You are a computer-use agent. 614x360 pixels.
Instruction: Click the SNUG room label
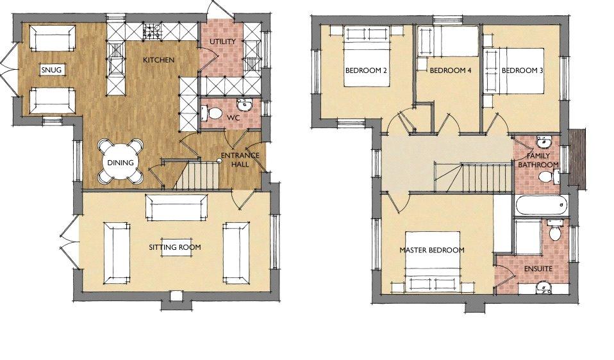51,70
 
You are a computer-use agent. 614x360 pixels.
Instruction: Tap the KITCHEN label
158,60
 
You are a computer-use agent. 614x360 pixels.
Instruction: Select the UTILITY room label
222,42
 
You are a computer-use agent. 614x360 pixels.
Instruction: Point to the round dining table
120,162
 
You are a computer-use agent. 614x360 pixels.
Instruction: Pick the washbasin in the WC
245,104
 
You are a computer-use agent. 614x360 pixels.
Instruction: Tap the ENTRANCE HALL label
240,160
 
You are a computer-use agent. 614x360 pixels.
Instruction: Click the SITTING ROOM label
174,247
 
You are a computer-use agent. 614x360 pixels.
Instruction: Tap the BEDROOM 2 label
366,70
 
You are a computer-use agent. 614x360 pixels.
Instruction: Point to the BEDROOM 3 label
522,70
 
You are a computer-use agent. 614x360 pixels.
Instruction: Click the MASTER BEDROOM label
432,250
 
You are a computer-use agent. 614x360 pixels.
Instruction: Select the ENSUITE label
538,269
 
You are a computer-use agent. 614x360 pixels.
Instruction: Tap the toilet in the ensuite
554,231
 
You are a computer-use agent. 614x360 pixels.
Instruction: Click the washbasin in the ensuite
543,287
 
